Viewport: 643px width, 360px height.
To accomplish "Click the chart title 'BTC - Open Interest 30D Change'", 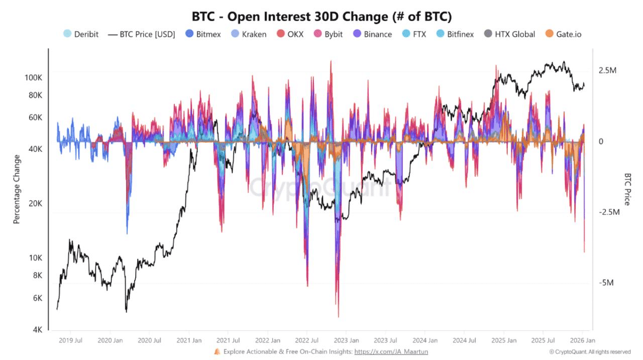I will tap(321, 17).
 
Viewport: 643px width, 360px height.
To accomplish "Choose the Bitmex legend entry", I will tap(203, 34).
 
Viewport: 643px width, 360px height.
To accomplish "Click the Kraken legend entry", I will tap(248, 34).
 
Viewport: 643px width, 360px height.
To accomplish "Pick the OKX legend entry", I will tap(290, 34).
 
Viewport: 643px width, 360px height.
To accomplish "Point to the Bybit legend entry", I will tap(328, 34).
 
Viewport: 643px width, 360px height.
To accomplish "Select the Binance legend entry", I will tap(371, 34).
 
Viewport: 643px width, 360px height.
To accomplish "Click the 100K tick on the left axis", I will tap(33, 78).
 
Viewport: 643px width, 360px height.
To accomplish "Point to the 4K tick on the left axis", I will tap(37, 330).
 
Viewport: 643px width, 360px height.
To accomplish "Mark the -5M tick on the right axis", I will tap(606, 283).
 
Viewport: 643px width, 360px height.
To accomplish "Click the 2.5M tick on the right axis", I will tap(607, 70).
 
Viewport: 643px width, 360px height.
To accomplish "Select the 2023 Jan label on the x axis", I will tap(346, 340).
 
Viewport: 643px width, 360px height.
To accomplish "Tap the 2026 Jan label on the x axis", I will tap(582, 340).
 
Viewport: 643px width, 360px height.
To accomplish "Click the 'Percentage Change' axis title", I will tap(17, 189).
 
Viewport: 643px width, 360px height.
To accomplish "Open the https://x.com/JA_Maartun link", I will tap(391, 352).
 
